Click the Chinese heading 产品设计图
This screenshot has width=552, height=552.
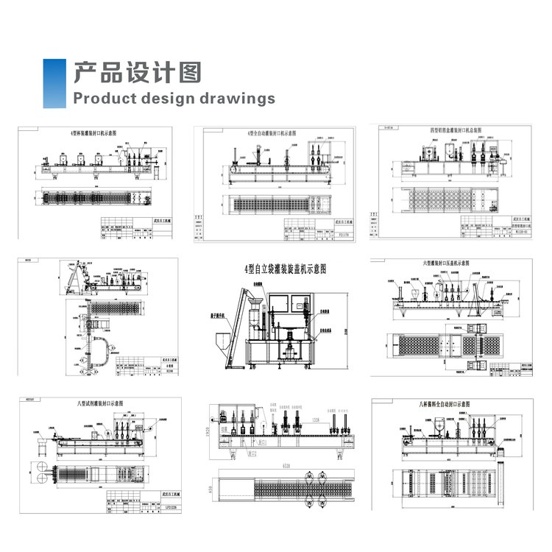[x=138, y=72]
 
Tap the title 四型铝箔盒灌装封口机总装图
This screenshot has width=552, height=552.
[x=456, y=130]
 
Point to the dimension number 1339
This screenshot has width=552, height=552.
[x=316, y=420]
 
